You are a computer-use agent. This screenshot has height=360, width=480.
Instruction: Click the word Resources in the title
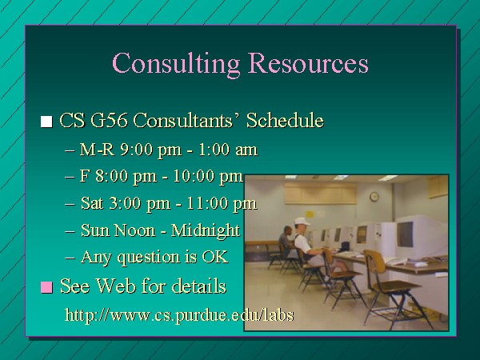(308, 62)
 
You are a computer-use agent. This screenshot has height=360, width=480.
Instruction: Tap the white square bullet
(46, 122)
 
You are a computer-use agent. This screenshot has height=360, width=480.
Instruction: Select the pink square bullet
(46, 287)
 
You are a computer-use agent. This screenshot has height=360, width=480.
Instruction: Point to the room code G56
(109, 120)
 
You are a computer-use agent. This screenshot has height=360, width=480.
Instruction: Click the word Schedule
(285, 120)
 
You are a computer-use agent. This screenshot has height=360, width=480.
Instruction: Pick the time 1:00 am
(228, 150)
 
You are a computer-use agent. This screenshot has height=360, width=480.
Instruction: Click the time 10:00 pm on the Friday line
(208, 176)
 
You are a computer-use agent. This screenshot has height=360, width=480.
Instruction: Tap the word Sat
(92, 203)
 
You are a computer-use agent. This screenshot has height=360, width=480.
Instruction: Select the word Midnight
(206, 231)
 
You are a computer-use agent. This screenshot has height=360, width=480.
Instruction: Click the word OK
(215, 257)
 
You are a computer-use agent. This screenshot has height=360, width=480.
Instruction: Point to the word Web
(116, 286)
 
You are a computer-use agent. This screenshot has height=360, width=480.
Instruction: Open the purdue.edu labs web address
(179, 314)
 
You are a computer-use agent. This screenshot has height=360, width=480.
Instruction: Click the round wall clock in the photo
(374, 197)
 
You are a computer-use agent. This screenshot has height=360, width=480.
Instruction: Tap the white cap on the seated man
(302, 221)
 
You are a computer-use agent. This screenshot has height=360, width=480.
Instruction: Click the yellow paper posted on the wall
(310, 214)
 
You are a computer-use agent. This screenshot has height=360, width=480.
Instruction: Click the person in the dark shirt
(286, 240)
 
